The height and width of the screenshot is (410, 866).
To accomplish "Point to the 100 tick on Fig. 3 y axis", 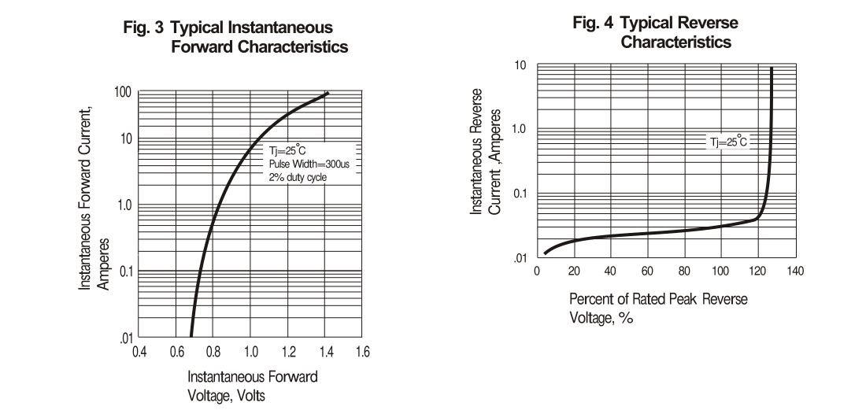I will [x=123, y=93].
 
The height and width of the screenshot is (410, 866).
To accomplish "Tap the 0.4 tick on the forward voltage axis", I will [x=138, y=351].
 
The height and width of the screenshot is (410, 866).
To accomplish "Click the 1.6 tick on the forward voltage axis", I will [x=362, y=351].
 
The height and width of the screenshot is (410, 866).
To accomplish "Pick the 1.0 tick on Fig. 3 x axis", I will [x=250, y=351].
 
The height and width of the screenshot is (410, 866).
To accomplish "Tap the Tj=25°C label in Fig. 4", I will [x=726, y=142].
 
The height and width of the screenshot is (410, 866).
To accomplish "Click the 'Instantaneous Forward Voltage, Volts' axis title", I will [x=252, y=386].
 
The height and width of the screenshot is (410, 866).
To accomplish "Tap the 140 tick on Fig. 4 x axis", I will [x=795, y=271].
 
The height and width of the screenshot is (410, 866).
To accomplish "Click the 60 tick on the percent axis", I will [x=647, y=271].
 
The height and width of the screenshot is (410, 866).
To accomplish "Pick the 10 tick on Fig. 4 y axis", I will [x=520, y=66].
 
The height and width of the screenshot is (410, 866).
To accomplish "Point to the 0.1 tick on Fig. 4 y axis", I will [x=518, y=194].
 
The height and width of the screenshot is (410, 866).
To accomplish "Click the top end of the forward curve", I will [x=328, y=93].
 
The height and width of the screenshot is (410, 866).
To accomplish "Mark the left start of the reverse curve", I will [x=545, y=253].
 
